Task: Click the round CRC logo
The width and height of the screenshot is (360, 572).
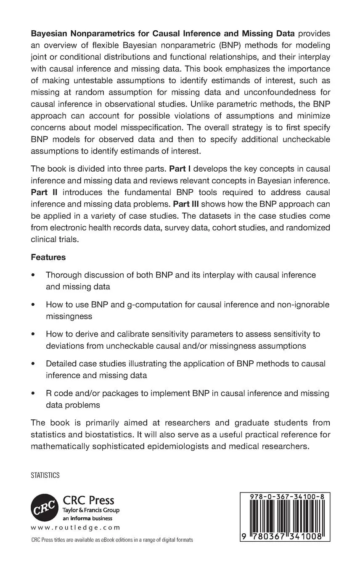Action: [x=44, y=508]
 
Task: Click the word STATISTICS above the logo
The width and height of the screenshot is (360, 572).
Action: [x=45, y=475]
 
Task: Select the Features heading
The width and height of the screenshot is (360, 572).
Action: [x=48, y=257]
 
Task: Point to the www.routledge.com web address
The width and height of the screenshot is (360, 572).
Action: [x=75, y=527]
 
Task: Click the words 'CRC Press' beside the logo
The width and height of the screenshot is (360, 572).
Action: [x=88, y=500]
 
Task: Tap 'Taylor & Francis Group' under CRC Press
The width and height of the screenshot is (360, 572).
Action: [x=91, y=510]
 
